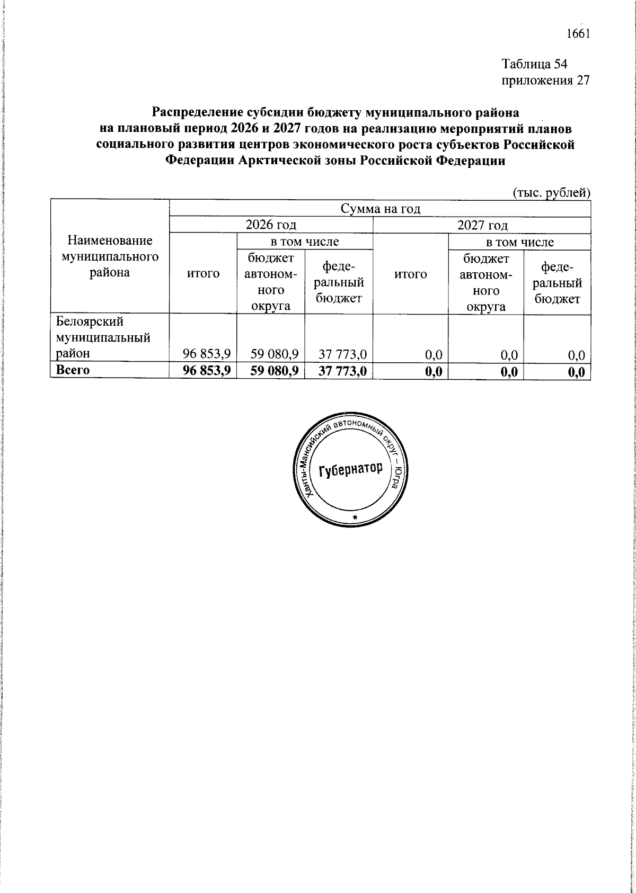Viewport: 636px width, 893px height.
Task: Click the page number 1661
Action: click(x=578, y=34)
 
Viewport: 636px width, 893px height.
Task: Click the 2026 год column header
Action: click(x=271, y=225)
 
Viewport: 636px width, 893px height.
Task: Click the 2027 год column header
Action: click(x=482, y=225)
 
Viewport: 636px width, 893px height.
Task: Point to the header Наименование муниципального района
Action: click(x=110, y=257)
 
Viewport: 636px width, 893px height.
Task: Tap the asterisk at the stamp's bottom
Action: click(x=355, y=516)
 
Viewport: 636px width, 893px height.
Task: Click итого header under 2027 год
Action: click(x=411, y=274)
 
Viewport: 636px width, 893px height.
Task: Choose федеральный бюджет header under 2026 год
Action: click(x=339, y=282)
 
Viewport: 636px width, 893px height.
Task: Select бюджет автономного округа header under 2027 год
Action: click(x=486, y=282)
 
